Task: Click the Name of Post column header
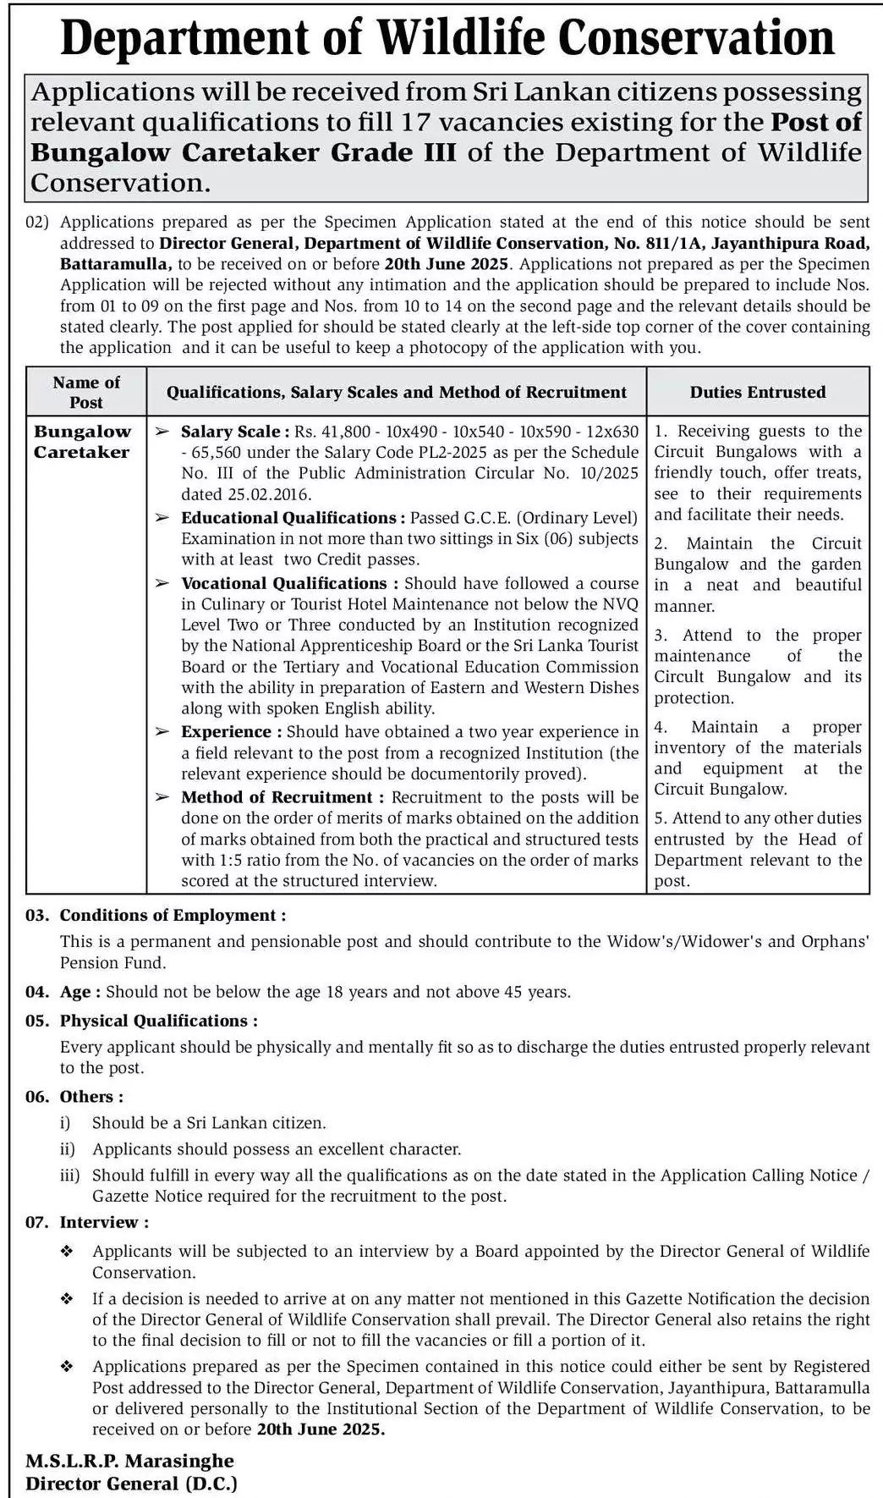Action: coord(86,392)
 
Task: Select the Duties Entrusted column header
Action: coord(757,392)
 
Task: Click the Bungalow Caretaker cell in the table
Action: coord(82,441)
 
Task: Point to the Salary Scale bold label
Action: coord(235,432)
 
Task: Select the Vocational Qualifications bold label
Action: coord(283,583)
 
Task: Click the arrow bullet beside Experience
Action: coord(162,732)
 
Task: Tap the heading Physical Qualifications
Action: coord(158,1021)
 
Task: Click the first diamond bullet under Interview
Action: coord(67,1252)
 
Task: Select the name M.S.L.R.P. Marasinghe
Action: coord(129,1460)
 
